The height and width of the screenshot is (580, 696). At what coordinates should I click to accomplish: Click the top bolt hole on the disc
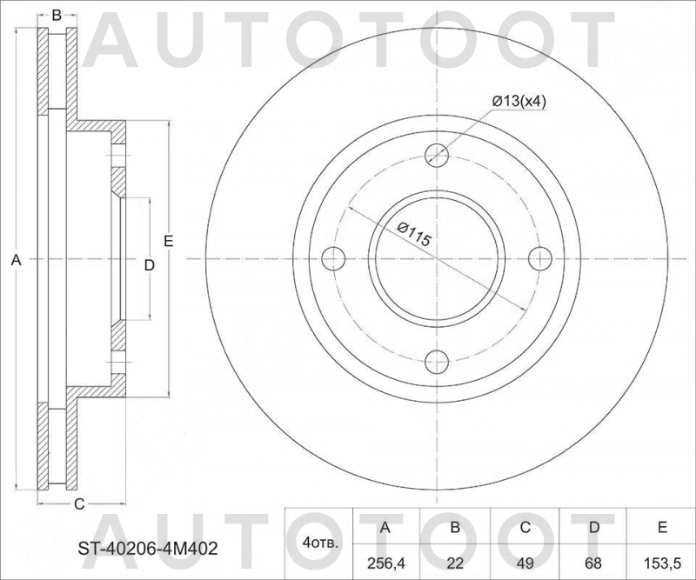tap(438, 156)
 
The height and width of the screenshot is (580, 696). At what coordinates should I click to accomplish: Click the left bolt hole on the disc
tap(334, 258)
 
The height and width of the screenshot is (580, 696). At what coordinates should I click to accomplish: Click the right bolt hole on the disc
tap(541, 258)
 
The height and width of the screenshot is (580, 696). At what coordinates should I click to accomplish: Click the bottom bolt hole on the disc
tap(438, 362)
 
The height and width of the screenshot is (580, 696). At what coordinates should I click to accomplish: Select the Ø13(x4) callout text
tap(519, 102)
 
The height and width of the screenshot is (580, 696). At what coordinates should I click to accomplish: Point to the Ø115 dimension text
tap(414, 235)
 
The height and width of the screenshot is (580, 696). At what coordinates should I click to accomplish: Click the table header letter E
tap(663, 527)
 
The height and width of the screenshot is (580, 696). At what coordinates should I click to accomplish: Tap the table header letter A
tap(385, 527)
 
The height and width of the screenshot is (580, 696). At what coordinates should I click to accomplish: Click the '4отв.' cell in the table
tap(319, 543)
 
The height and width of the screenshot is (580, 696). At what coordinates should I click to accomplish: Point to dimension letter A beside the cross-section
tap(15, 259)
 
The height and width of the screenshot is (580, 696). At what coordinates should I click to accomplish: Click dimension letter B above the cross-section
tap(57, 15)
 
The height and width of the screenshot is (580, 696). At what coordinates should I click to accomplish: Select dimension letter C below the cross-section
tap(77, 503)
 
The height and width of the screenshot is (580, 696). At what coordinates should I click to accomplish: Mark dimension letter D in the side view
tap(149, 265)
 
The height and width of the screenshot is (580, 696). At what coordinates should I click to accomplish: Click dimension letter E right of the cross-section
tap(168, 241)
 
